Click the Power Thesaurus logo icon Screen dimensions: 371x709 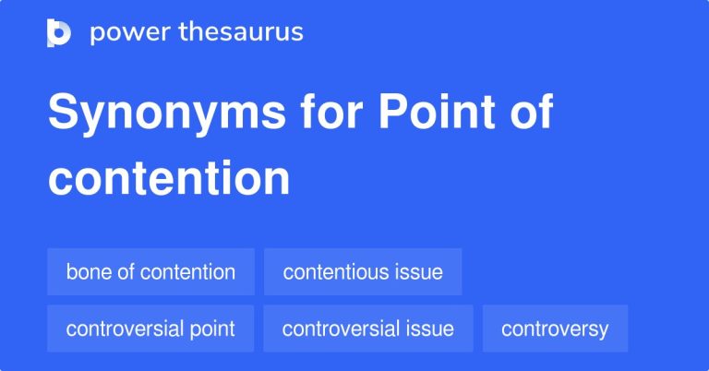58,32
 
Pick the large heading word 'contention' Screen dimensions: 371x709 169,178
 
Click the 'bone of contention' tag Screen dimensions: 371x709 150,272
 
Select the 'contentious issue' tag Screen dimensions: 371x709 363,272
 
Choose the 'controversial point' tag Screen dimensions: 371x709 150,329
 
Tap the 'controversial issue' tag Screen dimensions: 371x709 367,329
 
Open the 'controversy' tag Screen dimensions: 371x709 555,329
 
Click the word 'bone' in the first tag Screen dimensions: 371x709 86,272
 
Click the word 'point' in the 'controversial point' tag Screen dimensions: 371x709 214,329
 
